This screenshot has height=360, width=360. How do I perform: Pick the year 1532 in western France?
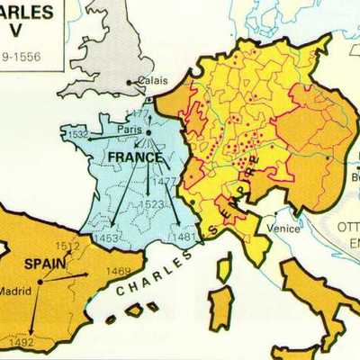pos(79,135)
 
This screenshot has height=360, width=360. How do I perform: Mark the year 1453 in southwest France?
pos(106,238)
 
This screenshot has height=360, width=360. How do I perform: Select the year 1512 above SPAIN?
pos(67,246)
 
